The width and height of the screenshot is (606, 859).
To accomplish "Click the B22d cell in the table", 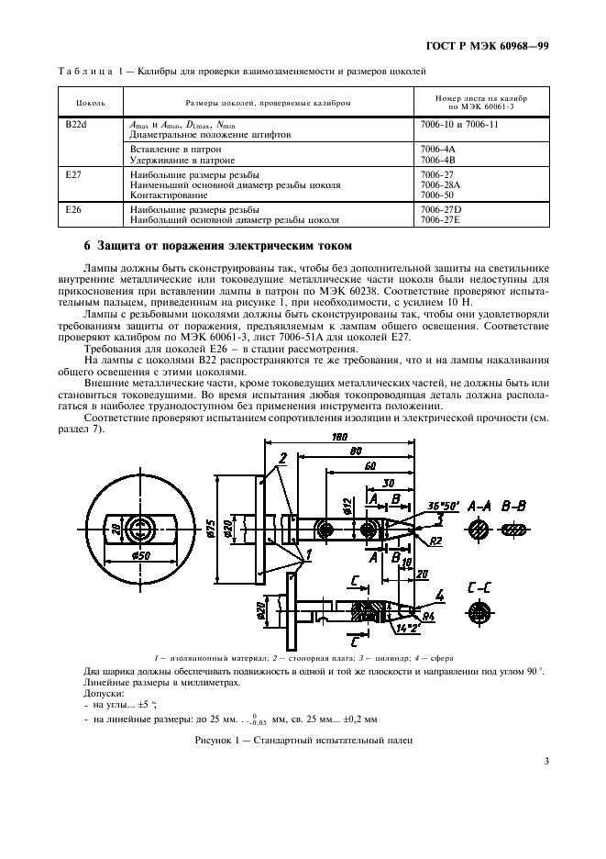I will click(x=76, y=124).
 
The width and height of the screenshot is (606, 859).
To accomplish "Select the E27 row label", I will click(x=72, y=173).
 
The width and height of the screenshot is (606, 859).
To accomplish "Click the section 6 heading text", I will click(x=214, y=245).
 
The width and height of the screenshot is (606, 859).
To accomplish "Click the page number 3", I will click(x=546, y=760).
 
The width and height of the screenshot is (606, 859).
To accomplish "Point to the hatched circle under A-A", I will click(x=476, y=530).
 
